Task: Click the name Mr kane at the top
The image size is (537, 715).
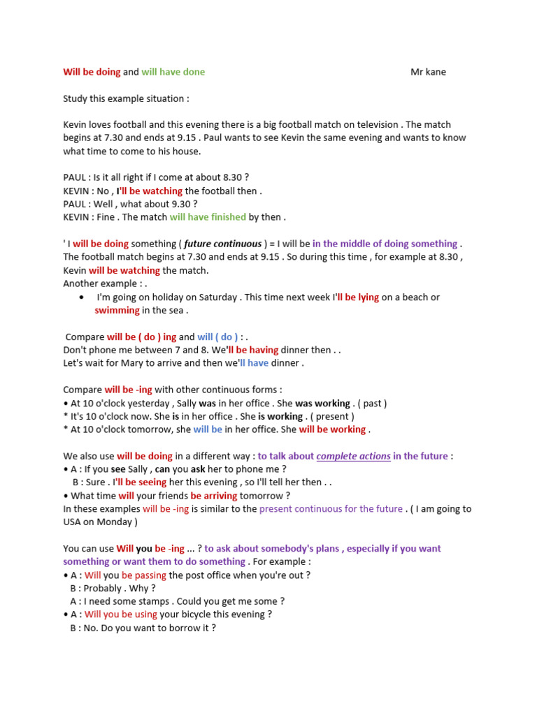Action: click(428, 72)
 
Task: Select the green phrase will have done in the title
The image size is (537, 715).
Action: click(173, 72)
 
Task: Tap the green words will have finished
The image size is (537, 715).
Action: click(208, 217)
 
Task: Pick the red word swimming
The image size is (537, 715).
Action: click(117, 310)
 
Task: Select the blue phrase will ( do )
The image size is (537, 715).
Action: click(217, 337)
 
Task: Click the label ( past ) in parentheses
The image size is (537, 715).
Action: click(371, 404)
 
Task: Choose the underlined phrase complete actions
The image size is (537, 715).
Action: click(353, 457)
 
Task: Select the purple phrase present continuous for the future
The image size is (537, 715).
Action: click(331, 509)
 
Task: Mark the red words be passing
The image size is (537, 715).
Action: click(144, 575)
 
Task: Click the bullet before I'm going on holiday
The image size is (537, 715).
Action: click(83, 297)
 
